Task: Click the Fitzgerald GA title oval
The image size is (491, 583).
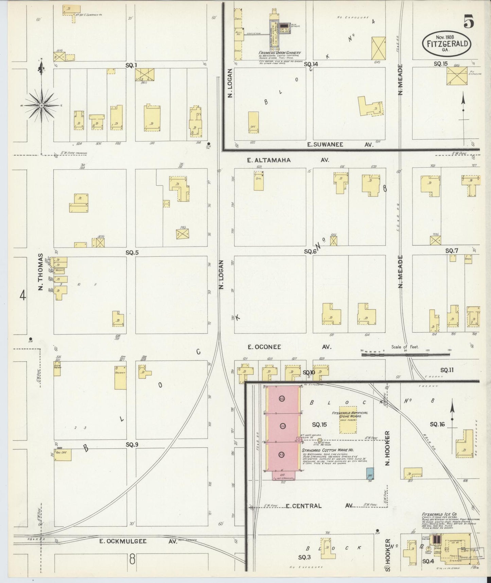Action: [446, 44]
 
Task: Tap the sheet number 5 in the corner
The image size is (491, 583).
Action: [469, 22]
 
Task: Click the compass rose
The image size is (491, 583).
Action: [41, 105]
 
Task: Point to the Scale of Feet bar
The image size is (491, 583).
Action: [406, 354]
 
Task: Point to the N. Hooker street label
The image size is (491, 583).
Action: [387, 448]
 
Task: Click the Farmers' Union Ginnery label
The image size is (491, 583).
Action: [279, 53]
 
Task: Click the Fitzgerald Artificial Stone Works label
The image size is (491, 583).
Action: [350, 415]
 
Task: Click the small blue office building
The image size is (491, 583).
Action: [369, 474]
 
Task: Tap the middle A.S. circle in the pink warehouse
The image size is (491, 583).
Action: [282, 427]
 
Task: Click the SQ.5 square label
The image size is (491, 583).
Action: [132, 253]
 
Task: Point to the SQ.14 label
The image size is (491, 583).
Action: [311, 64]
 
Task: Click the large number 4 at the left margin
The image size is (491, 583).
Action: [22, 295]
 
